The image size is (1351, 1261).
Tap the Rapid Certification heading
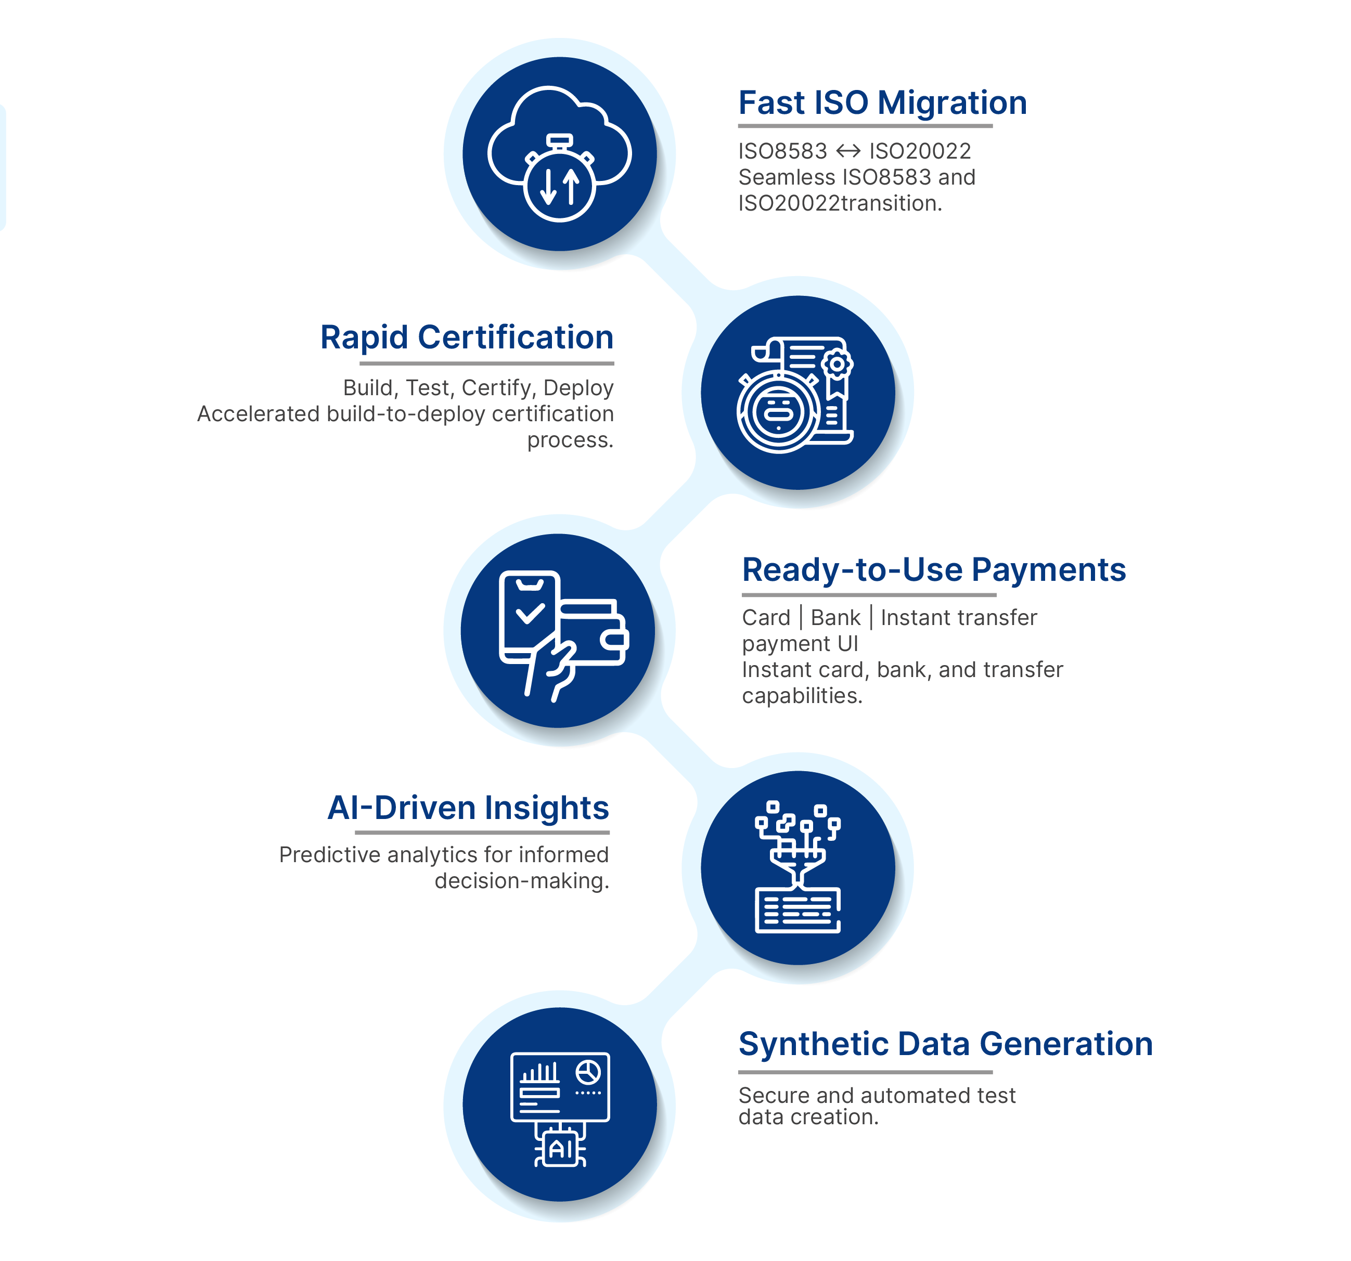466,337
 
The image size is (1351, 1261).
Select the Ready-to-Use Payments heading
933,569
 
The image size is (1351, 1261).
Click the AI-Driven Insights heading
468,808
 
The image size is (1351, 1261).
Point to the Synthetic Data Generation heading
945,1044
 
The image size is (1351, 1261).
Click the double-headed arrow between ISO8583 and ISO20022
847,151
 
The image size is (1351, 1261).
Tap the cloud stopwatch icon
559,154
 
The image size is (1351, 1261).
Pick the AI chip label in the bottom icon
561,1150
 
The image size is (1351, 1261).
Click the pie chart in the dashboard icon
588,1072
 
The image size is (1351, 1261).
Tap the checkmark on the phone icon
530,614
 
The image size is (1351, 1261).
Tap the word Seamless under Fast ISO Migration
786,177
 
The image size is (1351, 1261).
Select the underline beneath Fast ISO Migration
865,126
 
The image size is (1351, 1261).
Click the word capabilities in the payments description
801,696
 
